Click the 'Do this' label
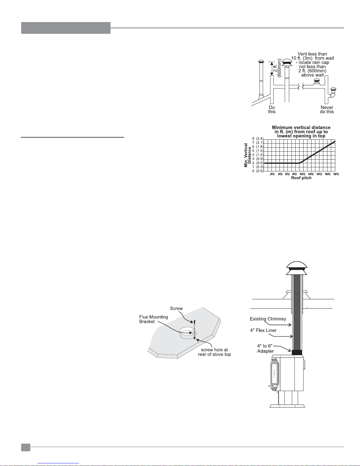point(272,109)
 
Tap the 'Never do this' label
point(327,109)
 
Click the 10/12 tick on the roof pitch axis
point(302,174)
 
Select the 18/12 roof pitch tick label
point(336,174)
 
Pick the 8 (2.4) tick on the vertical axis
point(258,139)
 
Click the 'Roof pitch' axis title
point(301,178)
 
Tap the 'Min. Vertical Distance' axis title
point(247,155)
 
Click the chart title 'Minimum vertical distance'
point(301,127)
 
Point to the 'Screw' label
point(176,308)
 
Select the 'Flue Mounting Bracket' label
point(153,319)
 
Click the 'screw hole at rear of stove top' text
point(214,352)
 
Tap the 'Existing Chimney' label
point(268,319)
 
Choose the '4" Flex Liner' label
point(263,330)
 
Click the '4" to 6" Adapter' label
point(265,348)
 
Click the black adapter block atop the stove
point(297,352)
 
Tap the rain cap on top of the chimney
point(297,268)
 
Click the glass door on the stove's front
point(274,373)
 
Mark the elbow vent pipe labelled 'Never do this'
point(333,93)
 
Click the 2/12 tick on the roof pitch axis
point(272,174)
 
